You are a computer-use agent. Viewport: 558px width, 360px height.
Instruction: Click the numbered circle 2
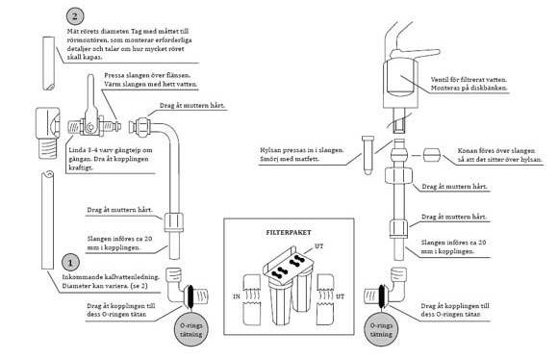pyautogui.click(x=75, y=16)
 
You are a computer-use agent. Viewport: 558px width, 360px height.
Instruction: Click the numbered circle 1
pyautogui.click(x=70, y=263)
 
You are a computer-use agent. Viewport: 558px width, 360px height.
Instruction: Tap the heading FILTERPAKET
pyautogui.click(x=289, y=233)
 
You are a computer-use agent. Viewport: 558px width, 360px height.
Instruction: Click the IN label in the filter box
pyautogui.click(x=237, y=296)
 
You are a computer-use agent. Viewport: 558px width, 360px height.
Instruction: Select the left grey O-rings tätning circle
pyautogui.click(x=191, y=330)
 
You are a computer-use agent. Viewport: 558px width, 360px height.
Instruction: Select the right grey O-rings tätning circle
pyautogui.click(x=381, y=330)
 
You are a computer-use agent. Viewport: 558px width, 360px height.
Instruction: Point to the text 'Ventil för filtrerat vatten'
pyautogui.click(x=469, y=80)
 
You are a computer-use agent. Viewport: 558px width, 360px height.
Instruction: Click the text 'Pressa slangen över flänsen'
pyautogui.click(x=147, y=75)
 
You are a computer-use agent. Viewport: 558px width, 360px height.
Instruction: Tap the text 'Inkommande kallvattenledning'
pyautogui.click(x=111, y=277)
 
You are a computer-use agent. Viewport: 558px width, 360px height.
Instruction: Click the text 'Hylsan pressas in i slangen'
pyautogui.click(x=302, y=150)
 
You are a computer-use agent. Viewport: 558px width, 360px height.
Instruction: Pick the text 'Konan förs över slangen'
pyautogui.click(x=496, y=150)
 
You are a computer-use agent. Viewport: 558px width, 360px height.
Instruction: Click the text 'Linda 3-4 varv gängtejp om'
pyautogui.click(x=111, y=150)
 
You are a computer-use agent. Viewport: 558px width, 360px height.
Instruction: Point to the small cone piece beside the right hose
pyautogui.click(x=432, y=156)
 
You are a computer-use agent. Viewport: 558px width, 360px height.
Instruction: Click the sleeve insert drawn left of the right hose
pyautogui.click(x=368, y=155)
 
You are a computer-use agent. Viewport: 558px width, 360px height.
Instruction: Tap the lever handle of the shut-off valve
pyautogui.click(x=90, y=95)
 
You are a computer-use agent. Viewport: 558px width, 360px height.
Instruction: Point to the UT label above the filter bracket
pyautogui.click(x=319, y=246)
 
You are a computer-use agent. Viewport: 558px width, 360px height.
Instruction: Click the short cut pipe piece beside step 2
pyautogui.click(x=49, y=63)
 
